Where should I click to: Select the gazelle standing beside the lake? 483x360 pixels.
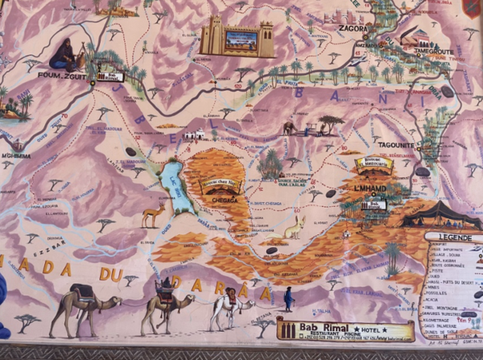[153, 214]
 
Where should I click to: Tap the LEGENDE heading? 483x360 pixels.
[454, 237]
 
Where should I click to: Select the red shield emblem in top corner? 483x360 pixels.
[472, 8]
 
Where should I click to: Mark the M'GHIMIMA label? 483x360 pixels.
[15, 156]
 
